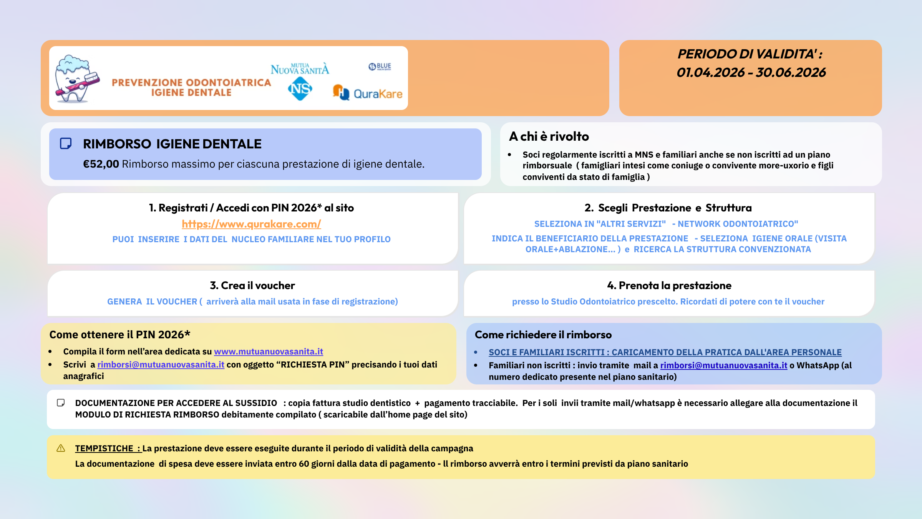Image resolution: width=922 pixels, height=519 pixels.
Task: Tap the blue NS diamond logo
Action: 300,89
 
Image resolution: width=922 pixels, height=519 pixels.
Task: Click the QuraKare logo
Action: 368,93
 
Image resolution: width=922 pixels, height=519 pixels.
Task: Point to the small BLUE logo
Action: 380,67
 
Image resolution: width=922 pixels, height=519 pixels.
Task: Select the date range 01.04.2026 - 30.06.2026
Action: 751,73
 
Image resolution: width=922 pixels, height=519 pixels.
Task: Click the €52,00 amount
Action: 101,164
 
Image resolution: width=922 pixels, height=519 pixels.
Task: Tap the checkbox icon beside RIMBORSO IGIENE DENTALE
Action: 66,143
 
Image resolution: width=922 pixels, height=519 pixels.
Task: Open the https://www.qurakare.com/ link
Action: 251,224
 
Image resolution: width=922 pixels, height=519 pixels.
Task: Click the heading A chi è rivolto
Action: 549,136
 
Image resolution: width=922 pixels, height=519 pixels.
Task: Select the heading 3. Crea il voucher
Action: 252,285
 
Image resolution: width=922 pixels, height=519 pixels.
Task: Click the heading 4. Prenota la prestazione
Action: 669,285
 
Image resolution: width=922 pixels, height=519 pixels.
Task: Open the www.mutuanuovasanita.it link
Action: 268,351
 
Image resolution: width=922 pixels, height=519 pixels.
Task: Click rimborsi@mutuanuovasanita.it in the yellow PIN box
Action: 161,364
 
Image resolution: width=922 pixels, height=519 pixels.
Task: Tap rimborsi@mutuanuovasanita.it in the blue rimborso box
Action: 723,365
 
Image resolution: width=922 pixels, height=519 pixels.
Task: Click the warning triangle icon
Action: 61,448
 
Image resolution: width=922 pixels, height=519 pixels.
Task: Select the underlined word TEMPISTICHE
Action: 104,448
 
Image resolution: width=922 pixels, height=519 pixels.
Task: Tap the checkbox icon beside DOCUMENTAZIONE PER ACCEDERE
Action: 61,403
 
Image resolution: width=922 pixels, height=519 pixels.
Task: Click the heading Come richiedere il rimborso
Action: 543,334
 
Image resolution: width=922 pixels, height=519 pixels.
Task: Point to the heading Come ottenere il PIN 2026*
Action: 120,334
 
